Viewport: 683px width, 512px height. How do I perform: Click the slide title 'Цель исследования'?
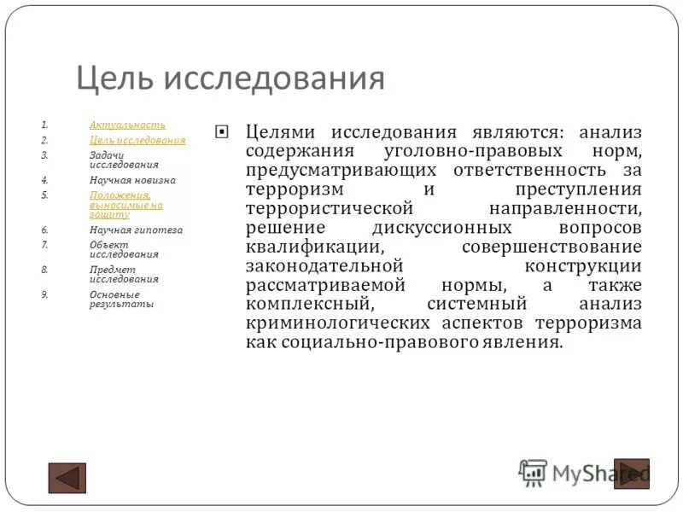pos(231,79)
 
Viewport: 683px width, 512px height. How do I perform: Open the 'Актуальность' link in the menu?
pos(127,125)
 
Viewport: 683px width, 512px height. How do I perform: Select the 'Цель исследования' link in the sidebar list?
pos(137,140)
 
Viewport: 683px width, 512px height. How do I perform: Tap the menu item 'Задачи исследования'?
pos(124,160)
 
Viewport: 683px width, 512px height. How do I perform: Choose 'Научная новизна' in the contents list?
pos(132,180)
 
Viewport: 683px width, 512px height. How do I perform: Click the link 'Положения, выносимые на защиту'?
pos(126,205)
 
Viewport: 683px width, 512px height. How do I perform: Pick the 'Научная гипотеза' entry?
pos(136,230)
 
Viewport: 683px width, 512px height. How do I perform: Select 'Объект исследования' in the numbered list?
pos(124,249)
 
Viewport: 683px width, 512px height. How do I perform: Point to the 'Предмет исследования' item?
pos(124,274)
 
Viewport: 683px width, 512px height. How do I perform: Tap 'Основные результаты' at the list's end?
pos(121,299)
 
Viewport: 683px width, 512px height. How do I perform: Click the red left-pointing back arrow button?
pos(67,477)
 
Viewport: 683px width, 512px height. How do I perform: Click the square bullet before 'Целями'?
pos(222,132)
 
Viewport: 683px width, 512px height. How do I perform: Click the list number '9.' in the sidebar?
pos(45,294)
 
